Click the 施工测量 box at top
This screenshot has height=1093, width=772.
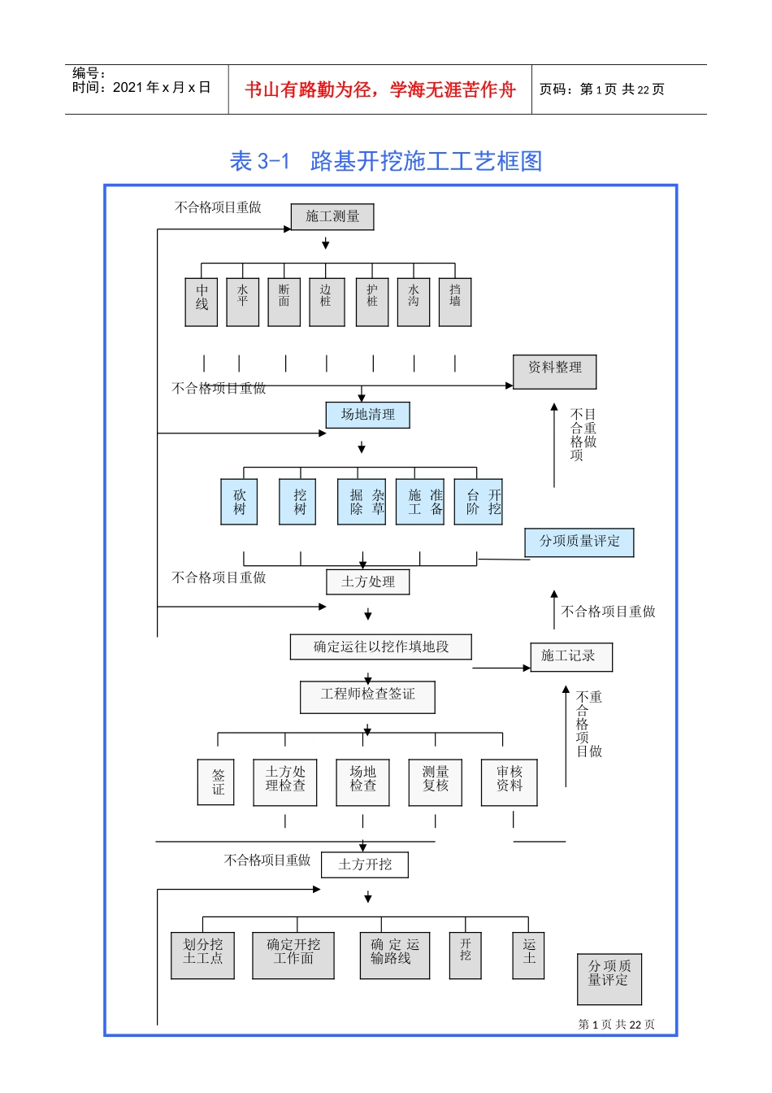pyautogui.click(x=332, y=217)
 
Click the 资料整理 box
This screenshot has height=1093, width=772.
pyautogui.click(x=555, y=372)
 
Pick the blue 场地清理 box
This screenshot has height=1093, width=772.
pyautogui.click(x=368, y=415)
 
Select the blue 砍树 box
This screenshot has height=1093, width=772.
pyautogui.click(x=239, y=502)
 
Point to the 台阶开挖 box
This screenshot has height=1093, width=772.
pyautogui.click(x=479, y=502)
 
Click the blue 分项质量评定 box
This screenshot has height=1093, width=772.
pyautogui.click(x=579, y=542)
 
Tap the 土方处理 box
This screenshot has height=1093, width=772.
pyautogui.click(x=368, y=582)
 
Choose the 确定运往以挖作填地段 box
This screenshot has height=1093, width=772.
pyautogui.click(x=381, y=647)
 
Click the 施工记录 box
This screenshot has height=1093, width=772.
pyautogui.click(x=571, y=657)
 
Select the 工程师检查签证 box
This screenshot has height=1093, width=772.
pyautogui.click(x=368, y=697)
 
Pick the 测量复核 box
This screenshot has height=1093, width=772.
pyautogui.click(x=436, y=782)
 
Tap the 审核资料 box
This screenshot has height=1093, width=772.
pyautogui.click(x=510, y=782)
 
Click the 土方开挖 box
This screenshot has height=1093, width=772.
pyautogui.click(x=365, y=864)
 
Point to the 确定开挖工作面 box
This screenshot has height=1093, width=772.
pyautogui.click(x=293, y=955)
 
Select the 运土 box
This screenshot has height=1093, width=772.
pyautogui.click(x=529, y=955)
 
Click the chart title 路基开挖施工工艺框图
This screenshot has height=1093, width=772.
pyautogui.click(x=386, y=161)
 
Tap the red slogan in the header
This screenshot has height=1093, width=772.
pyautogui.click(x=380, y=89)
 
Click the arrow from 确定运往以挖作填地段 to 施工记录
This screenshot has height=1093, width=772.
pyautogui.click(x=501, y=668)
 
